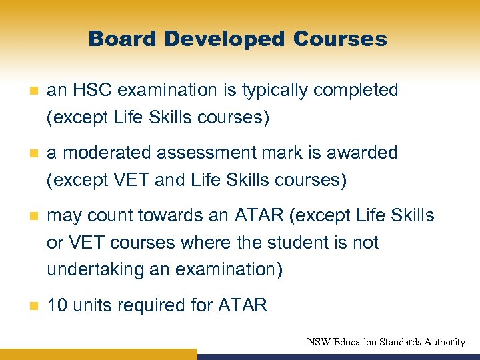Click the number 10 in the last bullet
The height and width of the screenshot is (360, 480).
coord(57,305)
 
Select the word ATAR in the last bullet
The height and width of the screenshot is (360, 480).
coord(242,305)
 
